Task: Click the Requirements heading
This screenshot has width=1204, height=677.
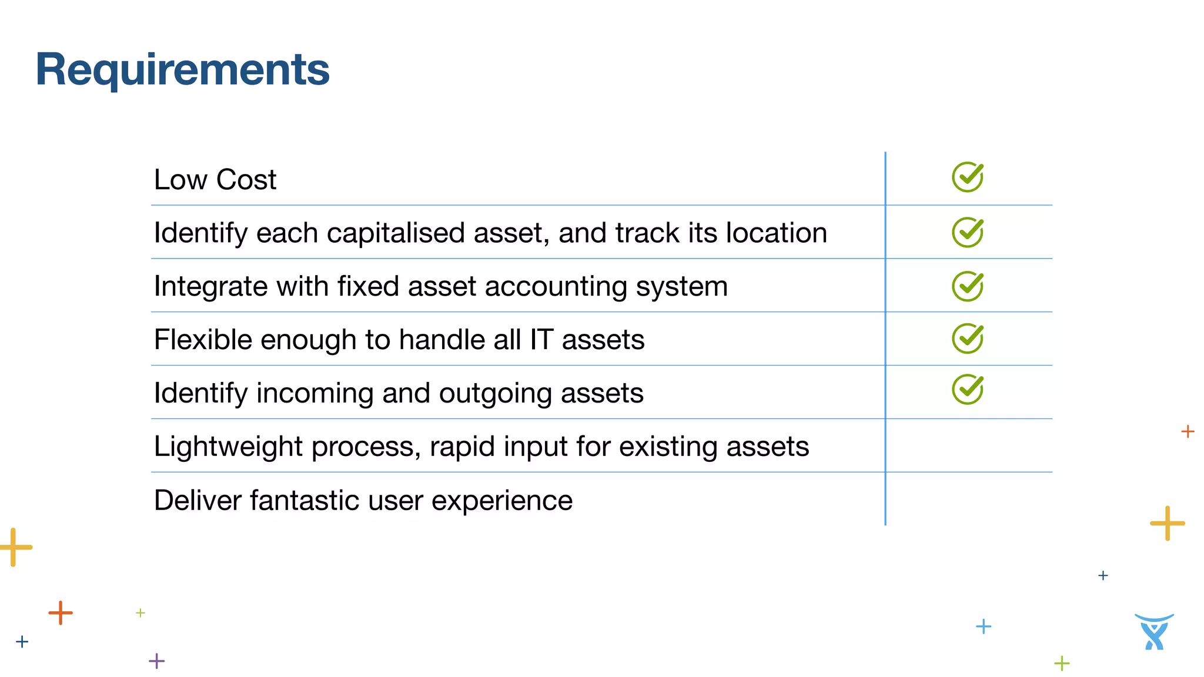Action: (182, 70)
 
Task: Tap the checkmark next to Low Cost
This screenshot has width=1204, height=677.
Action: (967, 177)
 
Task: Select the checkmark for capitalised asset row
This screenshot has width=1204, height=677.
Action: (967, 232)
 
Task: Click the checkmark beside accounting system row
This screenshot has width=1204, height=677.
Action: (967, 286)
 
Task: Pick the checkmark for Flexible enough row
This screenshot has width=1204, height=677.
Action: (967, 338)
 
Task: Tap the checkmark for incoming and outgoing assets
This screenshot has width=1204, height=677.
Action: (967, 390)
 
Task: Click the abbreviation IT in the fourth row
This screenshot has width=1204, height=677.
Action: (541, 340)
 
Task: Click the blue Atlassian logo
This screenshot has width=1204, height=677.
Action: (1154, 632)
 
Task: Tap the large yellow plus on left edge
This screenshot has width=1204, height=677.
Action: (15, 547)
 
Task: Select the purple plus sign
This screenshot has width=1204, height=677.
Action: (156, 661)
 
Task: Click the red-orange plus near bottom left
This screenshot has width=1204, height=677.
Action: (61, 613)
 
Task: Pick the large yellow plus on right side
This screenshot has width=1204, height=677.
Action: (1167, 523)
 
